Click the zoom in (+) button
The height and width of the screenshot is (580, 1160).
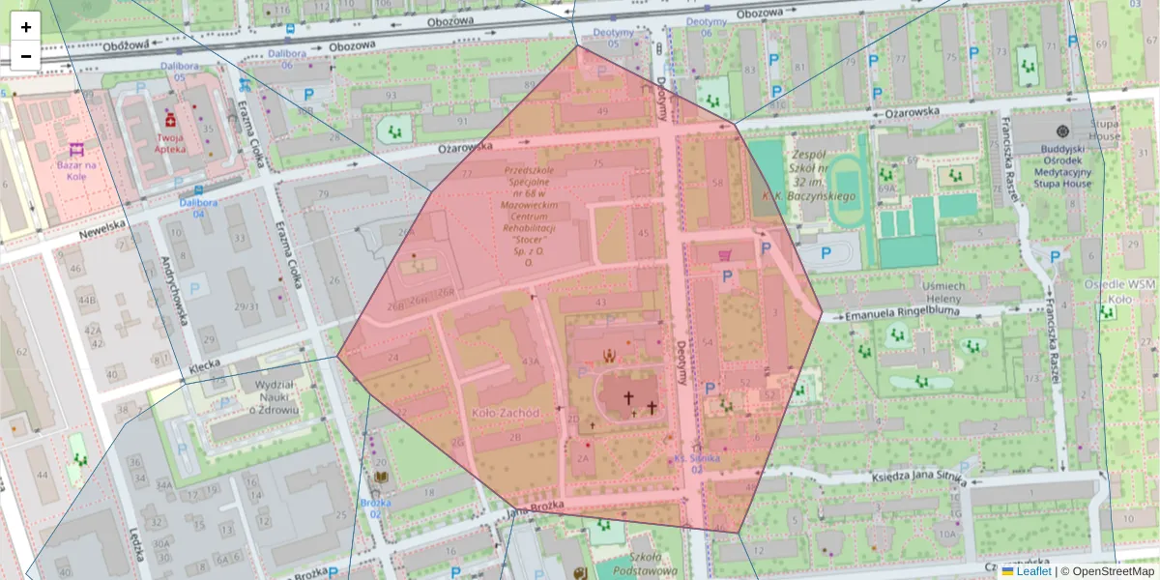click(x=26, y=27)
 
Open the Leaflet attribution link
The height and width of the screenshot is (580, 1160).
click(x=1033, y=571)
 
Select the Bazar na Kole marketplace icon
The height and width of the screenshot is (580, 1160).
click(x=76, y=150)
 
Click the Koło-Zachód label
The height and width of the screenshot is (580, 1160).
click(x=505, y=413)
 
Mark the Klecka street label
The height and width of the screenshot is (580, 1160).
click(x=206, y=365)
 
